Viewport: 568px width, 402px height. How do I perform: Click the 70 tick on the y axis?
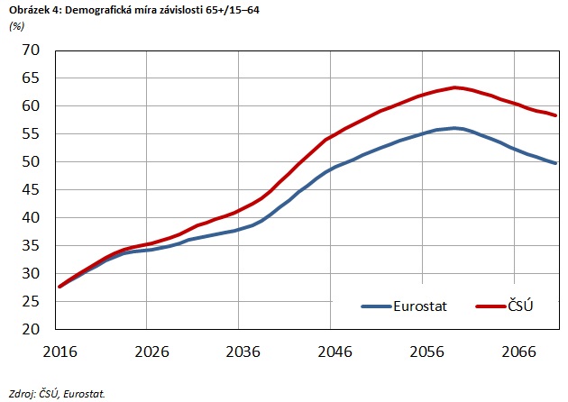pos(32,50)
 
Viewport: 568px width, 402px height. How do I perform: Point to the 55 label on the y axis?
pos(32,134)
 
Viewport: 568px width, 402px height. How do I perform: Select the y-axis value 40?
pos(32,218)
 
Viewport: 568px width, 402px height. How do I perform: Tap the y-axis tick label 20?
pos(32,330)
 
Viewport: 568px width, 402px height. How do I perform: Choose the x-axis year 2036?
pos(238,350)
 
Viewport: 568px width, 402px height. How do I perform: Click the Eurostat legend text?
pos(423,306)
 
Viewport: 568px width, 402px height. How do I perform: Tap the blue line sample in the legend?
pos(375,306)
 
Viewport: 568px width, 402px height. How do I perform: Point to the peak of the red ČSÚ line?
pos(456,87)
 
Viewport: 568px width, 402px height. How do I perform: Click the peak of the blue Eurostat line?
pos(456,128)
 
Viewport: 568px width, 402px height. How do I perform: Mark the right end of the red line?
pos(556,115)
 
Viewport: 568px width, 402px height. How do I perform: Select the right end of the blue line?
pos(556,163)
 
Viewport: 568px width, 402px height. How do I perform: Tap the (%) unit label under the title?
pos(16,25)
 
